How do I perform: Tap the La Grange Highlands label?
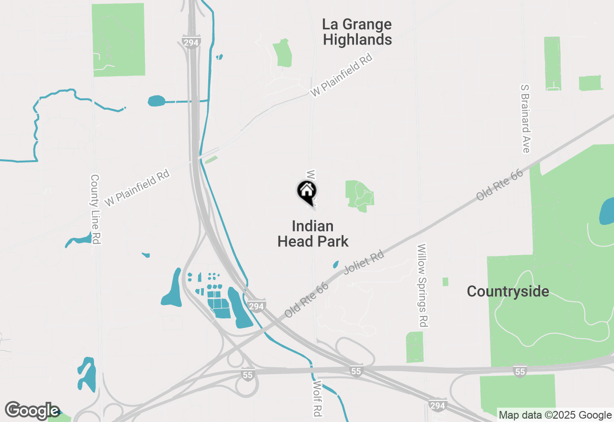pos(357,32)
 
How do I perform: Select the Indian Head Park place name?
pos(313,234)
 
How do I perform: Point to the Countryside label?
pos(508,291)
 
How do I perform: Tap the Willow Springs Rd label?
pos(422,286)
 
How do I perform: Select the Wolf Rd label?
pos(317,399)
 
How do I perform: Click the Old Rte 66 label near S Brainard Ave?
pos(499,185)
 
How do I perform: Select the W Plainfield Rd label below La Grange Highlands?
pos(341,76)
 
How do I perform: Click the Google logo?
pos(32,410)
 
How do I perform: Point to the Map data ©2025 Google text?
pos(555,415)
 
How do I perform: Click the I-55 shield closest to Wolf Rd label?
pos(355,372)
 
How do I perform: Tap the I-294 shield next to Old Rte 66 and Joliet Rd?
pos(257,306)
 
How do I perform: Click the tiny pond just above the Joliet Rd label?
pos(336,264)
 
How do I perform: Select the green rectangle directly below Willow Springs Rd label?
pos(415,347)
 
